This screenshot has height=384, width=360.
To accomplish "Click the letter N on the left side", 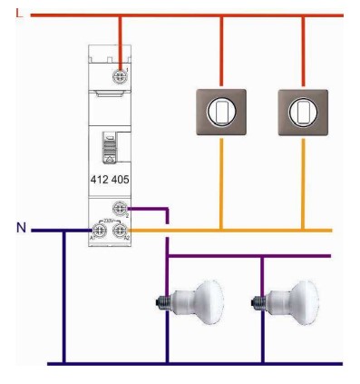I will (x=20, y=227).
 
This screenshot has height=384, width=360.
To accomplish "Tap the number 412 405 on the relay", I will (x=109, y=180).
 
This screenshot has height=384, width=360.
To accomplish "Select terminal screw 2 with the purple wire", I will (x=120, y=208).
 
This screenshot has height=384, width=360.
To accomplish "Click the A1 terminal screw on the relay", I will (x=100, y=231).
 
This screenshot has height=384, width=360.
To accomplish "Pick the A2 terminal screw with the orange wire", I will (x=120, y=231).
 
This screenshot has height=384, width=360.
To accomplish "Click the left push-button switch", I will (x=220, y=112).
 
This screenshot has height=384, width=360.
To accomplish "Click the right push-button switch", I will (x=301, y=112).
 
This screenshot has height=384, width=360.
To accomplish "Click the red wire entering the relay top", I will (x=119, y=40).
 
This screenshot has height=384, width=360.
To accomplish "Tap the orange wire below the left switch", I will (x=220, y=182).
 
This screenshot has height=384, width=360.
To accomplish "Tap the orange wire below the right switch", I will (x=301, y=182).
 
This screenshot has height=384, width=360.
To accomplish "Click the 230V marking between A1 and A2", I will (x=110, y=220).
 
